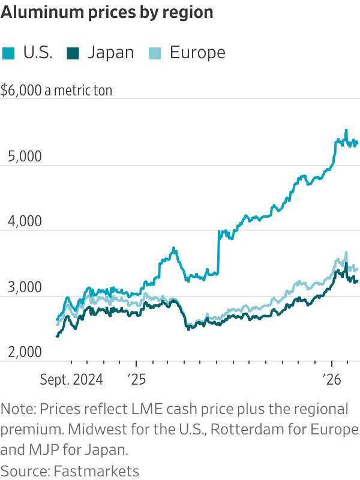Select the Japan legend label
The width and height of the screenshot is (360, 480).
(110, 53)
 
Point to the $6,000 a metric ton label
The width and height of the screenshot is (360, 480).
(56, 91)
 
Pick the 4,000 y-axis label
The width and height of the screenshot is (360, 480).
(20, 222)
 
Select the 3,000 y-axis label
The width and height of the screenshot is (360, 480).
(20, 287)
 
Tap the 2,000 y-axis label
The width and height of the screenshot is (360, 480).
(20, 352)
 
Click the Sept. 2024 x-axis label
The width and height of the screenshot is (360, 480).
(71, 379)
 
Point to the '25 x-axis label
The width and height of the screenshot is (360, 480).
(136, 379)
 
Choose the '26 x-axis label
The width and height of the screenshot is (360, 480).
(332, 379)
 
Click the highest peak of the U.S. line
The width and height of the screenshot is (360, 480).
(346, 130)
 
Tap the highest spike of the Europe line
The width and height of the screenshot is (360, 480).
(346, 253)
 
